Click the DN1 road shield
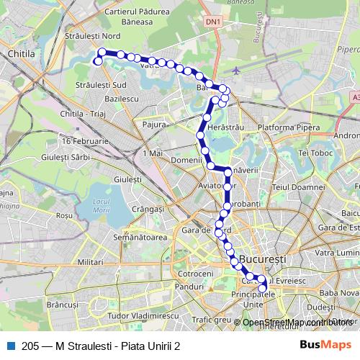[213, 22]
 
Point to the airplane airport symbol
[238, 71]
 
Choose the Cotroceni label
[195, 274]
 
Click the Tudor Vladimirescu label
[136, 315]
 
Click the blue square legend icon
[11, 345]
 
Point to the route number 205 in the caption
[31, 345]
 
